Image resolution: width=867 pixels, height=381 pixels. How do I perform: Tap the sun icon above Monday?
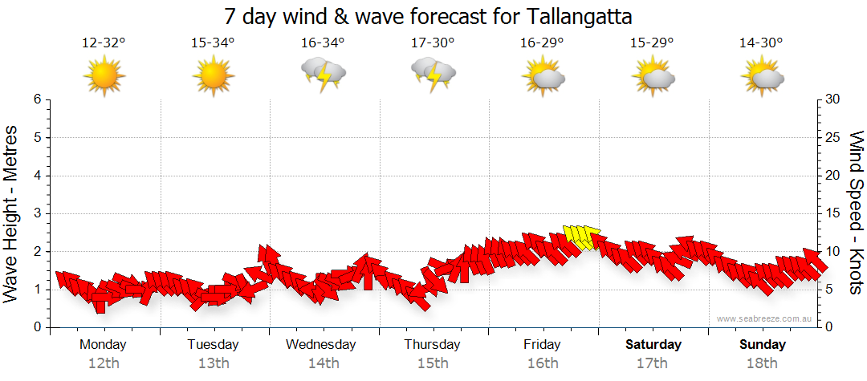pyautogui.click(x=104, y=76)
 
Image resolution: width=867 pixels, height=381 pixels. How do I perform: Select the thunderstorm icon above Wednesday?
pyautogui.click(x=324, y=75)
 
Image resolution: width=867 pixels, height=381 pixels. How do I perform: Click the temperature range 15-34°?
pyautogui.click(x=214, y=43)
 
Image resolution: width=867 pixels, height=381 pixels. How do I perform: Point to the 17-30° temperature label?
pyautogui.click(x=433, y=43)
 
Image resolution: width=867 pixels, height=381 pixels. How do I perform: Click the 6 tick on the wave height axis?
pyautogui.click(x=36, y=99)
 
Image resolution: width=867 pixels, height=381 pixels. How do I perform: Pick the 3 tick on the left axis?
pyautogui.click(x=36, y=213)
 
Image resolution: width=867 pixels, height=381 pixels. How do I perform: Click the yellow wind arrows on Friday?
pyautogui.click(x=582, y=237)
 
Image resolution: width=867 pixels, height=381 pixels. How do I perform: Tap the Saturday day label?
pyautogui.click(x=653, y=345)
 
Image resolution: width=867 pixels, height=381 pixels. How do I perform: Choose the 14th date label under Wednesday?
pyautogui.click(x=324, y=363)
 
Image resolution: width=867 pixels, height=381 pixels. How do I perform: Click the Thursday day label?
pyautogui.click(x=433, y=345)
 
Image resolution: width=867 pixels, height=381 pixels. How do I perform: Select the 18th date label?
pyautogui.click(x=762, y=363)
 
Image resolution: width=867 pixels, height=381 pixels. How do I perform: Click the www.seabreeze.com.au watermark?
pyautogui.click(x=765, y=319)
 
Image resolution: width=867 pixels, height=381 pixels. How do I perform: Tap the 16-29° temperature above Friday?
pyautogui.click(x=542, y=43)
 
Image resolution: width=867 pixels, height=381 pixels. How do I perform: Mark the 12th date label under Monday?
pyautogui.click(x=104, y=363)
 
